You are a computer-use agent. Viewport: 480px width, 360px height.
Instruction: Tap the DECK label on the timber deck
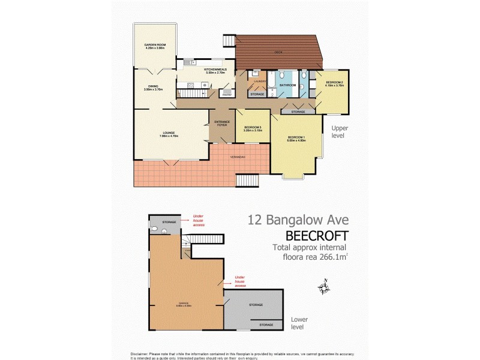tap(278, 52)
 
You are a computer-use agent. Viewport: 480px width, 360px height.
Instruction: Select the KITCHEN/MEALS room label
tap(215, 69)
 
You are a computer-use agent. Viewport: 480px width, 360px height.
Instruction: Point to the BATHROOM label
tap(287, 85)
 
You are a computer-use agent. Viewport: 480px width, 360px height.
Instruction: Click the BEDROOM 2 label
tap(334, 82)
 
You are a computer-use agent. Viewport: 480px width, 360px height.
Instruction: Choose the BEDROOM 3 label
tap(253, 127)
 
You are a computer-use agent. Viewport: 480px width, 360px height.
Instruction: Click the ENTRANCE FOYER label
tap(222, 123)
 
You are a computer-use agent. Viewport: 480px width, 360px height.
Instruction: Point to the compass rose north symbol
tap(325, 288)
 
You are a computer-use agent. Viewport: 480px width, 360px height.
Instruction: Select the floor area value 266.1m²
tap(329, 257)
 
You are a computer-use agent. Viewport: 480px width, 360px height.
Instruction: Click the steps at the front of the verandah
tap(248, 180)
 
